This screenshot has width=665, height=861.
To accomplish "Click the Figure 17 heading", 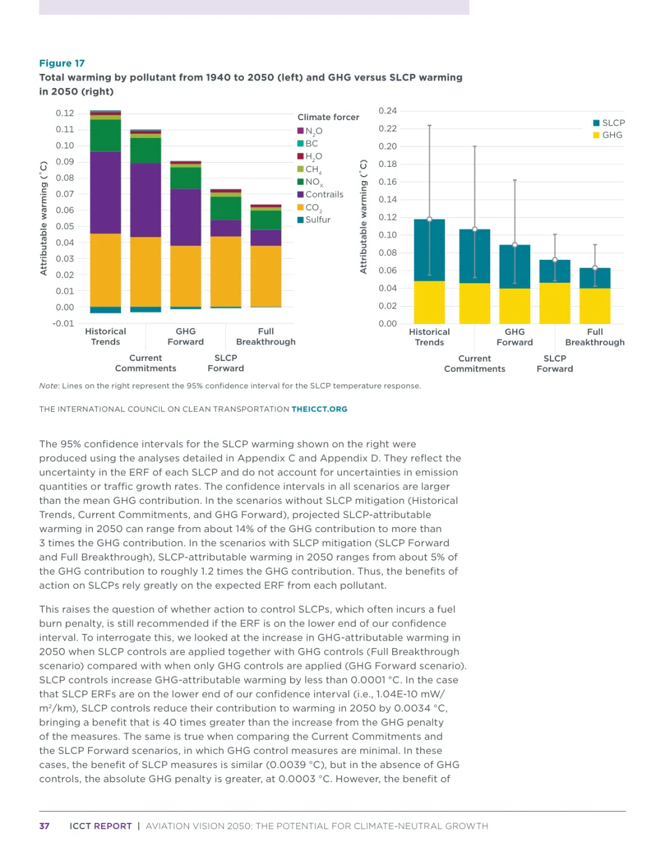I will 62,63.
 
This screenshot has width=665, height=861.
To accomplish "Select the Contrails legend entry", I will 324,195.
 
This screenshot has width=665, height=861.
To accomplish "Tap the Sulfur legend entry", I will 318,220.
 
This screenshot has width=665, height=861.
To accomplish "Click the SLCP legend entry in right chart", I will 613,123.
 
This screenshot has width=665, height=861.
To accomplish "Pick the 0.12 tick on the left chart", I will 65,113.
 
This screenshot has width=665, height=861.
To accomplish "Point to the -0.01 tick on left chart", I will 63,323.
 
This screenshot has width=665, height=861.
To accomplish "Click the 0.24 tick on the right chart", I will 387,111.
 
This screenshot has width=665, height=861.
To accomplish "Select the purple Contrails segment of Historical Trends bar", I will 105,192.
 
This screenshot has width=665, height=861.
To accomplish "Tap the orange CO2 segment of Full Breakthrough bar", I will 266,275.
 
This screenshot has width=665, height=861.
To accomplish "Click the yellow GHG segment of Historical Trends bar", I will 429,302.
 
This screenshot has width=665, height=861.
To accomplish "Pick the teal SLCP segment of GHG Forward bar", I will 515,267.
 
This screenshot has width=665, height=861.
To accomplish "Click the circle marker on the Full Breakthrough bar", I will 595,268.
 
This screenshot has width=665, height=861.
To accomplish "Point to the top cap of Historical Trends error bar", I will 429,126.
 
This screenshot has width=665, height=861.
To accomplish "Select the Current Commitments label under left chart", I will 145,363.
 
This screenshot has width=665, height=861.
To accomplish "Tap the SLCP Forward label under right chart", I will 555,363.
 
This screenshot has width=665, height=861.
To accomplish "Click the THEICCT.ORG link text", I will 319,409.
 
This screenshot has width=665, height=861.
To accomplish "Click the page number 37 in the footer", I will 44,826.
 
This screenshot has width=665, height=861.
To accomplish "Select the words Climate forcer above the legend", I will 328,117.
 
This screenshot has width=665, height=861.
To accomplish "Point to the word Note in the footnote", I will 49,386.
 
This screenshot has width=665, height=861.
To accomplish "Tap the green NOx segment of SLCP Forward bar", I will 226,208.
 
